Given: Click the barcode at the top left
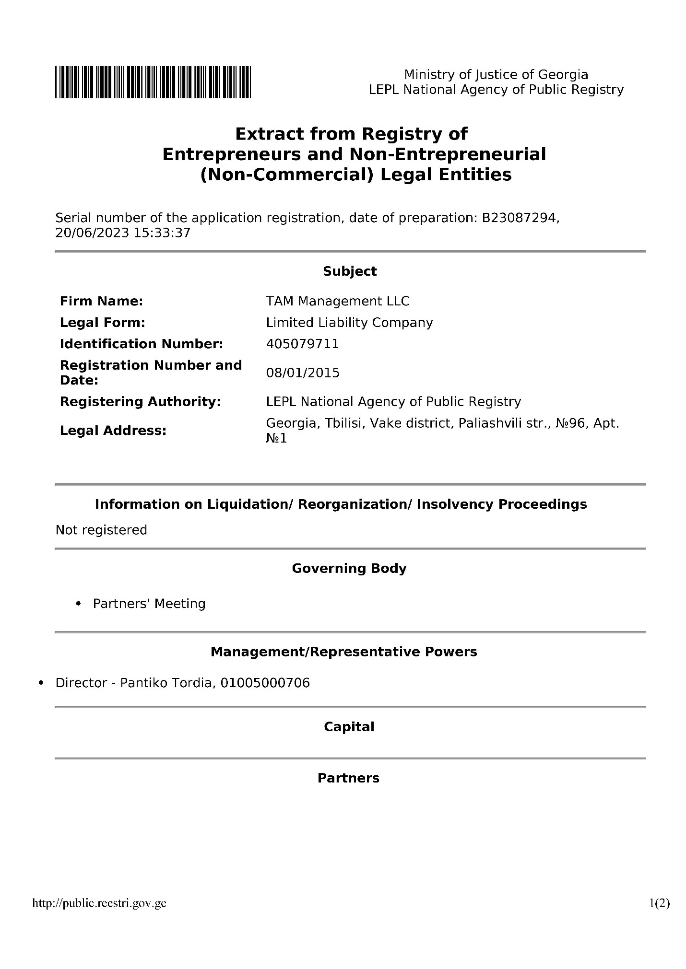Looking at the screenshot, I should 153,82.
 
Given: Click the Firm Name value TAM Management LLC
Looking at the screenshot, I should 338,301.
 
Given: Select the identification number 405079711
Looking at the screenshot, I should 302,344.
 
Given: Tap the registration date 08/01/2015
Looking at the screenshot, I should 303,373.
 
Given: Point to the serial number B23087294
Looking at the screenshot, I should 519,218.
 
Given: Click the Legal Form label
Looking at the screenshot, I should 102,323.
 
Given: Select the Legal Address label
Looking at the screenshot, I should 113,431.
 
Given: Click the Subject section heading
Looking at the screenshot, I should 350,271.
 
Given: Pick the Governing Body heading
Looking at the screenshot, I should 349,568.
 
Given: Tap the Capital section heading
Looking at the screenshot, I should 349,726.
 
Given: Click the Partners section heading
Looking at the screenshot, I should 348,778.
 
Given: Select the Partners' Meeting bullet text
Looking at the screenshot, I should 149,603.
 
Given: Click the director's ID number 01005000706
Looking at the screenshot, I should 265,682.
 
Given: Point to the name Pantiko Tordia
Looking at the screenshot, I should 166,682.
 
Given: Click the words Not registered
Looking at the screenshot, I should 101,530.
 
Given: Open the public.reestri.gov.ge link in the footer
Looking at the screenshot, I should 99,903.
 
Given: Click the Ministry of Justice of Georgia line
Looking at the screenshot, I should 496,74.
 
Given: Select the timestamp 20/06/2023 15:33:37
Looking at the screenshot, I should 123,233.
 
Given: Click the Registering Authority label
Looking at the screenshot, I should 140,401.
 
